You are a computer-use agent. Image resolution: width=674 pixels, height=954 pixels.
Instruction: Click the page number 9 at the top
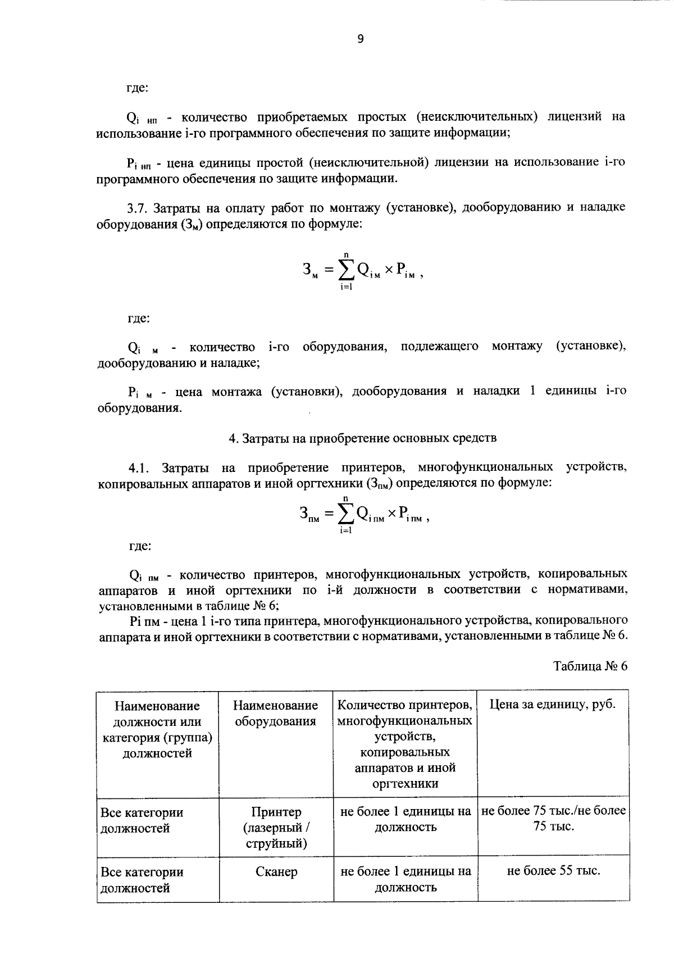coord(360,39)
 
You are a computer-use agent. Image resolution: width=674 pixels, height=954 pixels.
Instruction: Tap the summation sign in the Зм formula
coord(345,271)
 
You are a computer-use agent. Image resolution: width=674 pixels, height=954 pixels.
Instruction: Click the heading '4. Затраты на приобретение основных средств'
coord(362,438)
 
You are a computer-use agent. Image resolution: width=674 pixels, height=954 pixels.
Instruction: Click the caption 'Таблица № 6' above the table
coord(590,666)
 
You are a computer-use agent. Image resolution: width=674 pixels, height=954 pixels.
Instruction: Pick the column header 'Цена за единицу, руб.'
coord(553,705)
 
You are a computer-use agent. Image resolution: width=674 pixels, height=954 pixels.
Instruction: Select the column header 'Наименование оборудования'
coord(276,713)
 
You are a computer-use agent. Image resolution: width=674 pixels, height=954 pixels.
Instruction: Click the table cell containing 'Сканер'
coord(276,872)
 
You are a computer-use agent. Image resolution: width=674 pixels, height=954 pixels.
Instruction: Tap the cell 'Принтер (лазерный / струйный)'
coord(276,828)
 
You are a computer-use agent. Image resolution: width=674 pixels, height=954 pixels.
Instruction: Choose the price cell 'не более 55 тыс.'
coord(553,871)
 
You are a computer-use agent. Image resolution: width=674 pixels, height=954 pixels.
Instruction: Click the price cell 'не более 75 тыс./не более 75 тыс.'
coord(553,819)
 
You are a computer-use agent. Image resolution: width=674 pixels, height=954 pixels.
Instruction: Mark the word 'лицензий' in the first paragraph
coord(578,117)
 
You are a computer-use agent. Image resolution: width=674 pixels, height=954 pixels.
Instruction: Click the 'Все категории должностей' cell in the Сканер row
coord(142,880)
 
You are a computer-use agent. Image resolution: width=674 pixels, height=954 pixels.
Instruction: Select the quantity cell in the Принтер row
coord(406,819)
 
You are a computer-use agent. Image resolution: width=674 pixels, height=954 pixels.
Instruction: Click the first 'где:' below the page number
coord(137,88)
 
